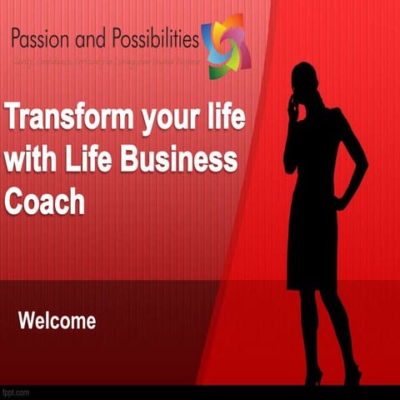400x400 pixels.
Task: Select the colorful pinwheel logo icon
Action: (x=226, y=46)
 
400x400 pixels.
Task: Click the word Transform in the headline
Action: (x=71, y=118)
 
